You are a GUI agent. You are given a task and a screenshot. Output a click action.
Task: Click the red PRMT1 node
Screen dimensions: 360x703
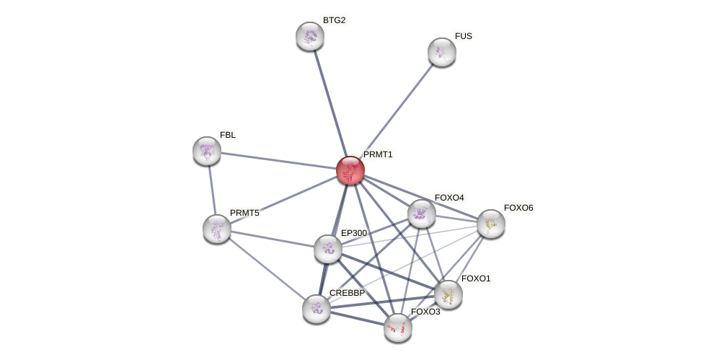click(x=350, y=170)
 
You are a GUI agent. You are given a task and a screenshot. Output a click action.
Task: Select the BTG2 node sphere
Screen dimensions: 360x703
click(x=310, y=36)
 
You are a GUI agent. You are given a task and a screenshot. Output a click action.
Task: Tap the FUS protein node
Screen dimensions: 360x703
click(x=442, y=52)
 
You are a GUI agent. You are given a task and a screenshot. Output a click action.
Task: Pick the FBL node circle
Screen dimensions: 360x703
click(x=207, y=151)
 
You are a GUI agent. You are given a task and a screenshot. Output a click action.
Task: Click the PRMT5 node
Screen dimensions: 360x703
click(x=217, y=229)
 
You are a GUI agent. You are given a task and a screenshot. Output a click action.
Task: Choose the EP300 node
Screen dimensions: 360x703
click(x=328, y=249)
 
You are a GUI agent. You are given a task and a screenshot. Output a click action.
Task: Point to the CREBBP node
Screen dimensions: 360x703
click(x=317, y=309)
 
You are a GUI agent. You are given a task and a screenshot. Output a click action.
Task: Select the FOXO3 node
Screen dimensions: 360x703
click(x=398, y=328)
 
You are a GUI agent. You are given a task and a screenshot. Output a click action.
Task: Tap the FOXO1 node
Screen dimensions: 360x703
click(x=448, y=294)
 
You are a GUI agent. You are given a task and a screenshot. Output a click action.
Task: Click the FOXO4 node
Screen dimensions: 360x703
click(x=422, y=214)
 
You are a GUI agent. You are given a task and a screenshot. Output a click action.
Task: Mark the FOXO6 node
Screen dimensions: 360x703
click(x=491, y=224)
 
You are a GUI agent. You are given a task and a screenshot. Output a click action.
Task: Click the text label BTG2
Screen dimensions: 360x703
click(x=334, y=20)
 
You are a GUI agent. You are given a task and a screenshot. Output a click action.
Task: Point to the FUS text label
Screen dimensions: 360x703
click(x=463, y=36)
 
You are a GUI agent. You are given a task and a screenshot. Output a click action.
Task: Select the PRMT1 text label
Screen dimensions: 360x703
click(x=378, y=154)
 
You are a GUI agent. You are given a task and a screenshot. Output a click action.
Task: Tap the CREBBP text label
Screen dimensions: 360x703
click(x=347, y=293)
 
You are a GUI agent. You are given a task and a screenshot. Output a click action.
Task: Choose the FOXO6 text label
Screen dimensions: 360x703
click(x=518, y=208)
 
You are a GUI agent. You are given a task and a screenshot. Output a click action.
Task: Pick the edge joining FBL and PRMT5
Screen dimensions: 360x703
click(x=212, y=189)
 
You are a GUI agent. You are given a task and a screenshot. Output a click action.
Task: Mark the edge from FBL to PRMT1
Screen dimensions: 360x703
click(x=278, y=160)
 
